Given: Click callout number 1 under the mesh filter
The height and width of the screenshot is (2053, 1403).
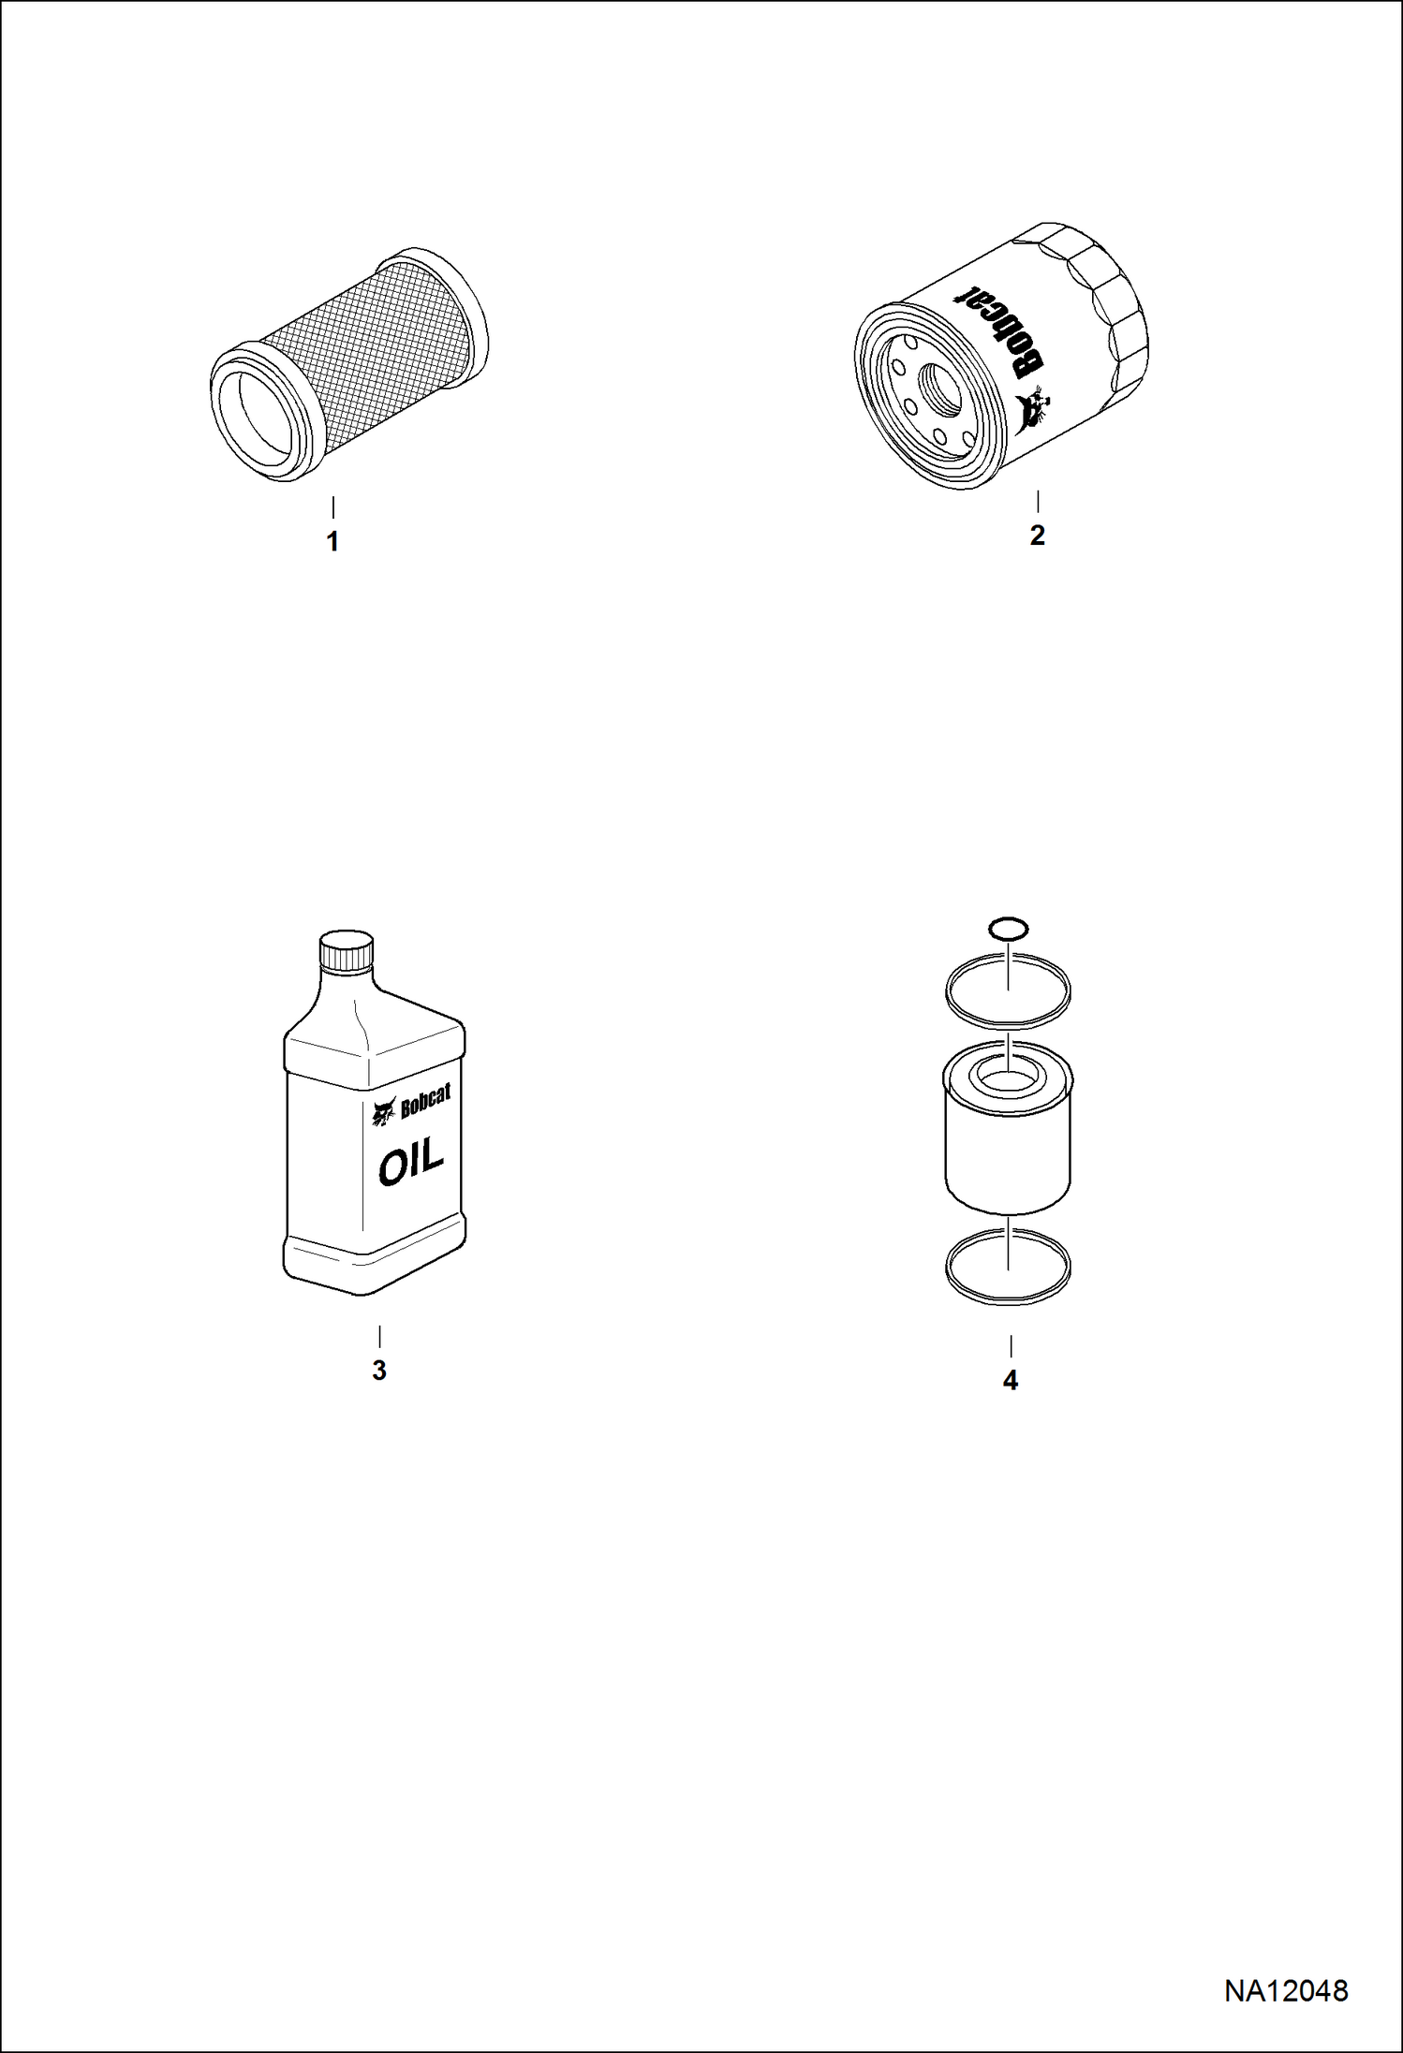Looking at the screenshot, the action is click(x=332, y=542).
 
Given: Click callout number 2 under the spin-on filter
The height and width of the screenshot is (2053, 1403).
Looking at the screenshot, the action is click(x=1037, y=535).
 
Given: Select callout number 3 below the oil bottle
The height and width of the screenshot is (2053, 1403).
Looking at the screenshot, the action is click(x=378, y=1371).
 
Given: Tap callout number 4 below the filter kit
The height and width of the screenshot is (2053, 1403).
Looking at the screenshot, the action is click(x=1010, y=1381).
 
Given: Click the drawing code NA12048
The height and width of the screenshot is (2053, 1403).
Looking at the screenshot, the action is click(x=1286, y=1990).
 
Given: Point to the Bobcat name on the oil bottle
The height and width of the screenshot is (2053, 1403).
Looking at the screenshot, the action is click(x=425, y=1103).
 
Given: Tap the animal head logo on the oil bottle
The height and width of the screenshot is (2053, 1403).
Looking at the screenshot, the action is click(x=384, y=1112).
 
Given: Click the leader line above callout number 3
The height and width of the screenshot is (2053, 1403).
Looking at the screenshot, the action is click(x=379, y=1336).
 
